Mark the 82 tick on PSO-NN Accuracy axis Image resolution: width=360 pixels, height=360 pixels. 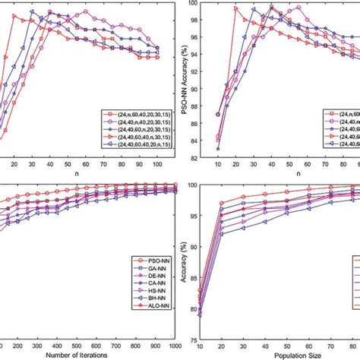click(x=207, y=157)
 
